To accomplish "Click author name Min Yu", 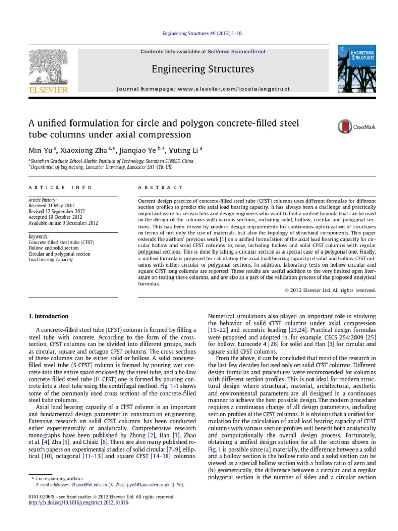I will (x=40, y=150).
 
